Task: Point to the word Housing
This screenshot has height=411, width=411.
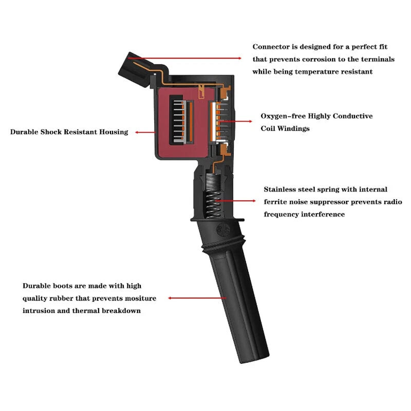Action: coord(114,132)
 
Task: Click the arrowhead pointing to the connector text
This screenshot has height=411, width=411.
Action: coord(239,58)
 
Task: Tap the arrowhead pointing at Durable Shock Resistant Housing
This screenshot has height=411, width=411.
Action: coord(137,133)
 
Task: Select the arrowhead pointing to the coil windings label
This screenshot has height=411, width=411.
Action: coord(250,121)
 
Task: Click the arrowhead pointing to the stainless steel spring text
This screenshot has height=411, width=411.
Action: coord(254,201)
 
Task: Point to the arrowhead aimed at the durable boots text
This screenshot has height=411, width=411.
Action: coord(170,298)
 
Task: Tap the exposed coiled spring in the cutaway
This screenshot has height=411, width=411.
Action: coord(213,204)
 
